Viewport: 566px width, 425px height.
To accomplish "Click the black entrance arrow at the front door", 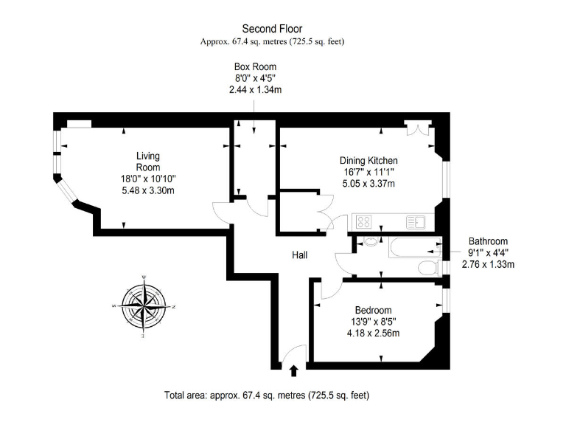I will click(294, 370).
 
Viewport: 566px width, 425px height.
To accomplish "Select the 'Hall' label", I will click(299, 255).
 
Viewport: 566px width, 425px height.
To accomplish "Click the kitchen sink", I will click(413, 221).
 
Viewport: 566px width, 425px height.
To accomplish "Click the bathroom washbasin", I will click(368, 241).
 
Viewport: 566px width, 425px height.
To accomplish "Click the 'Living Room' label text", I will click(148, 162).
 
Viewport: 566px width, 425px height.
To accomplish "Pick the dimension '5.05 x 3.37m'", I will click(368, 184).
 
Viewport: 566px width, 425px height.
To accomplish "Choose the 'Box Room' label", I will click(255, 67).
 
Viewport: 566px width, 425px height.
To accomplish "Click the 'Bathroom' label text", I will click(488, 241).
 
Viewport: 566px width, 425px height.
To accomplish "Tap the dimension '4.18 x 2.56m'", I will click(373, 333).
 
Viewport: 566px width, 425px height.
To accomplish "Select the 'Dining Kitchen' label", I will click(368, 161).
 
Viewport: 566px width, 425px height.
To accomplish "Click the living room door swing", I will click(221, 212).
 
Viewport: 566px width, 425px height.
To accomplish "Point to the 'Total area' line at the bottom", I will click(266, 395).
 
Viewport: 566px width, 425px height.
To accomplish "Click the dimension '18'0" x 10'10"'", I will click(148, 179).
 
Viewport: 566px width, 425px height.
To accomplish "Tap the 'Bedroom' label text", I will click(373, 310).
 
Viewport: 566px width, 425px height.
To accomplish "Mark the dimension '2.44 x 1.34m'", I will click(255, 89).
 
